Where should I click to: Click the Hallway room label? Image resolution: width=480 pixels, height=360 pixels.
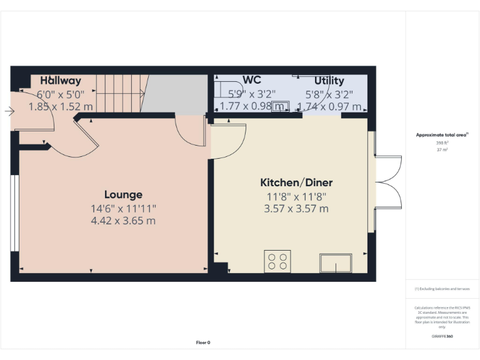pos(61,81)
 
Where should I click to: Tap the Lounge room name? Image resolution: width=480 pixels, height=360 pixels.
pos(123,195)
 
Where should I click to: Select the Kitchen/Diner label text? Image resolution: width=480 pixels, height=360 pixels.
pos(296,183)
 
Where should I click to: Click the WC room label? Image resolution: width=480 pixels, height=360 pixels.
pos(252,81)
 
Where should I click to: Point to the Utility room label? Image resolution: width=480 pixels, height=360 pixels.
pos(329,81)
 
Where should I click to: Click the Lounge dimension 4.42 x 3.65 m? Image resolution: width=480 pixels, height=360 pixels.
pos(123,221)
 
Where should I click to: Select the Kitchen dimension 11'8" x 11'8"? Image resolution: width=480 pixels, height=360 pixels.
pos(296,196)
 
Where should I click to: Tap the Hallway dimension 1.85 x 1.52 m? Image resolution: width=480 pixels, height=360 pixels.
pos(61,107)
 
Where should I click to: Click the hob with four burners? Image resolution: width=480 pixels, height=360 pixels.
pos(277,261)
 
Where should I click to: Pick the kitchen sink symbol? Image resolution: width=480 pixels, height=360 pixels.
pos(336,263)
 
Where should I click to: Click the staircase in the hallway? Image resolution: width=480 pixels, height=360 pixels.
pos(120,94)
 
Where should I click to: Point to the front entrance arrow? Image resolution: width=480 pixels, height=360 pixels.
pos(9,111)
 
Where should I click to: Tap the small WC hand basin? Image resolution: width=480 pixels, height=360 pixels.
pos(282,106)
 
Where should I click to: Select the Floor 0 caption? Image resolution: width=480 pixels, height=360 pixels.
pos(203,342)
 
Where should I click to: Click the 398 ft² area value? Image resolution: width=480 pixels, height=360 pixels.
pos(442,143)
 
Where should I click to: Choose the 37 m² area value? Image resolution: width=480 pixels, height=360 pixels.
pos(442,150)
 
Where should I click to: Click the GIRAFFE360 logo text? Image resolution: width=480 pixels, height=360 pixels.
pos(442,336)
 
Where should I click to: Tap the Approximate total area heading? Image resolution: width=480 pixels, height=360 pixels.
pos(442,135)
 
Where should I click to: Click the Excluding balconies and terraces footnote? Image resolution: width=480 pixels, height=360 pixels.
pos(442,289)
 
